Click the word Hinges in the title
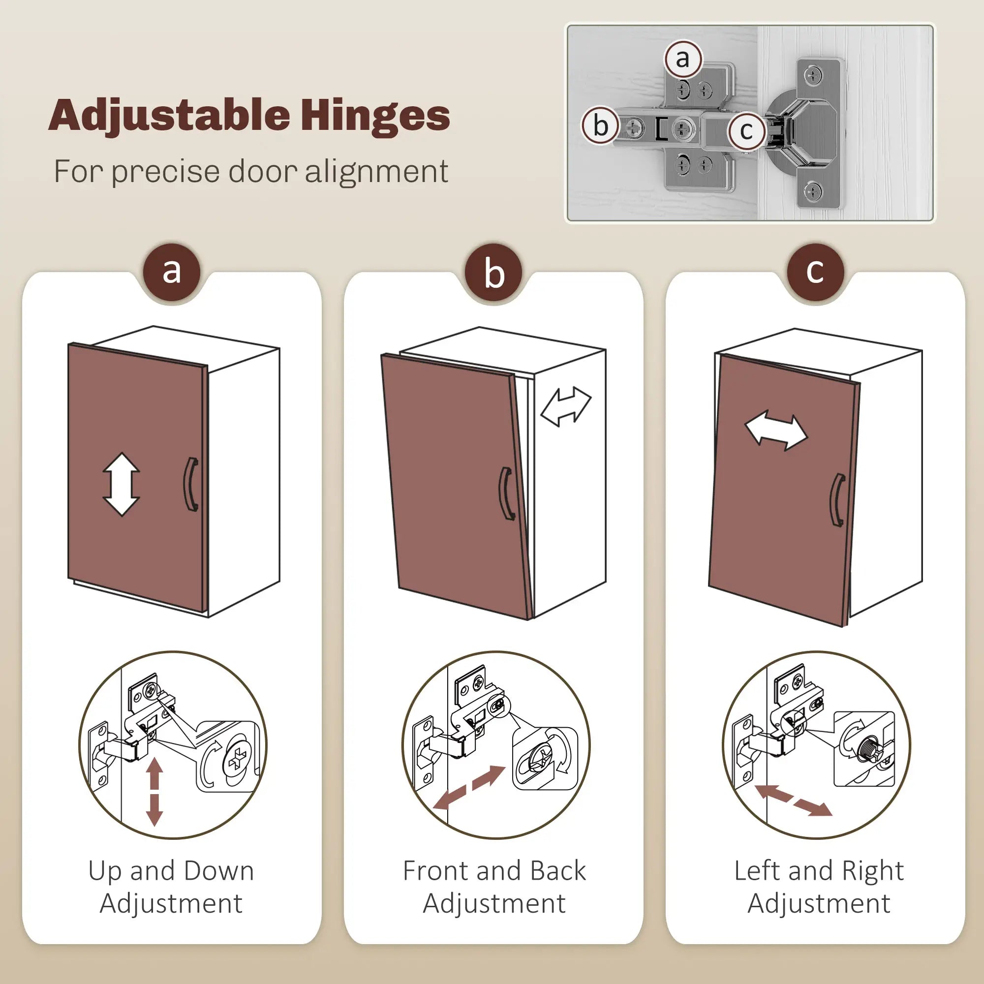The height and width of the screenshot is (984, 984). [x=375, y=116]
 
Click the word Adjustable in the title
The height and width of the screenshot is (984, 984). [x=170, y=116]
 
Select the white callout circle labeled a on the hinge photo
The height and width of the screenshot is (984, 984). [x=683, y=59]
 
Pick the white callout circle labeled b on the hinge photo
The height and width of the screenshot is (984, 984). [x=600, y=125]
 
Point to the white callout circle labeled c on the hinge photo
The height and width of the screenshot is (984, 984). [x=746, y=131]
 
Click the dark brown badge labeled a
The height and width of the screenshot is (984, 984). [x=172, y=272]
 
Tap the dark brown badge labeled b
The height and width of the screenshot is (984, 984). [x=493, y=272]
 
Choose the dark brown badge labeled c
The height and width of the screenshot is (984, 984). [x=815, y=272]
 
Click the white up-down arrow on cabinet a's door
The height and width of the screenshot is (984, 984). [x=121, y=484]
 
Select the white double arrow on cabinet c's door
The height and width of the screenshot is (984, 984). [x=776, y=430]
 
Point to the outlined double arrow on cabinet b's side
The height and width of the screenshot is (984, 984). [x=566, y=406]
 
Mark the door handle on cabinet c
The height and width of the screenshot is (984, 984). [x=837, y=500]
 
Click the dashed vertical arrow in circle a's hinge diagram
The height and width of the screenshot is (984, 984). [x=154, y=791]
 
